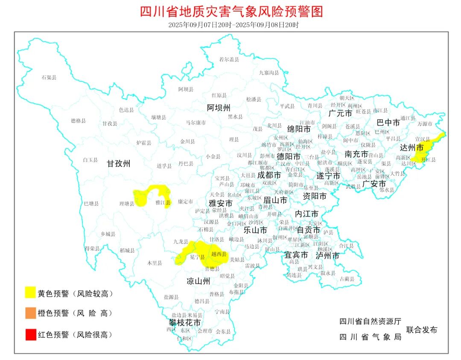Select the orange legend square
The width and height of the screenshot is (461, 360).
30,313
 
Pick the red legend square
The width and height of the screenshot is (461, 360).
30,334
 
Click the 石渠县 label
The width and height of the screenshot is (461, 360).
49,77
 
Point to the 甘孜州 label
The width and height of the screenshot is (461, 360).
119,163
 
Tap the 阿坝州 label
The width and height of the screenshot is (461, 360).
219,107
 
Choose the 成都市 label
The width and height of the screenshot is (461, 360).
268,175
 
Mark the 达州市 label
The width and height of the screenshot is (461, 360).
412,148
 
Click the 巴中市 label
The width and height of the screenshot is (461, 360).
388,123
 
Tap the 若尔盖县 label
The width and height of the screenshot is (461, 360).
229,59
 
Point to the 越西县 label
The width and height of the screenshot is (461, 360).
219,254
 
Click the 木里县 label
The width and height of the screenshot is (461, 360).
155,263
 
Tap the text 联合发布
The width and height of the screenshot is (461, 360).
422,330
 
